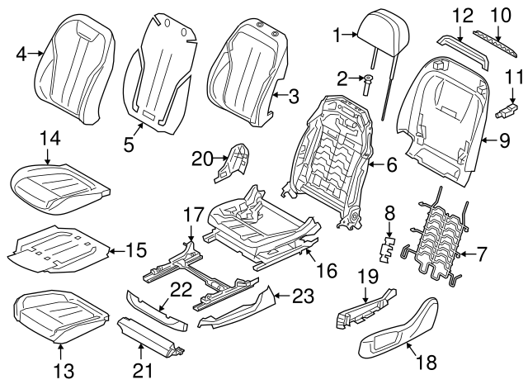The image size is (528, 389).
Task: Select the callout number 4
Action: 21,54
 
